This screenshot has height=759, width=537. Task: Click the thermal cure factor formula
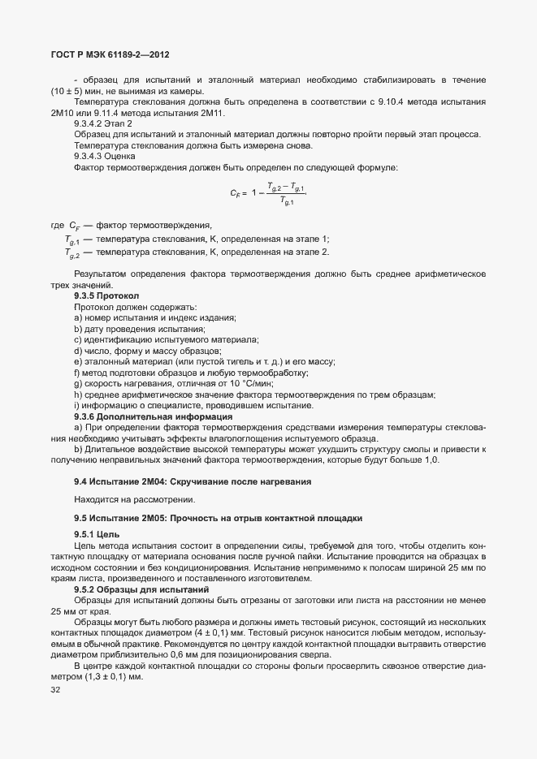tap(267, 193)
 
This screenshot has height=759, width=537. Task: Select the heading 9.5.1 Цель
tap(97, 535)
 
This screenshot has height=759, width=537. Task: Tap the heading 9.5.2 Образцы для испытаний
tap(142, 589)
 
